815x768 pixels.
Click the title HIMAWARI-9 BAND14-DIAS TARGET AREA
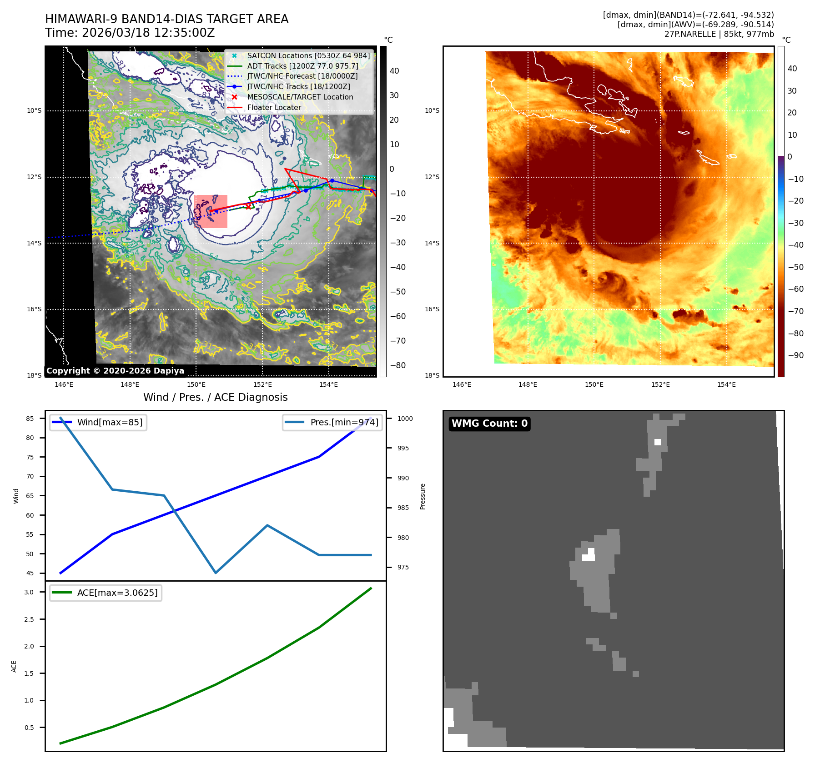pos(166,19)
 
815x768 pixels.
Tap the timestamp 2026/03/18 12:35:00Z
pos(148,33)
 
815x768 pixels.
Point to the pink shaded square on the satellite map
pos(211,211)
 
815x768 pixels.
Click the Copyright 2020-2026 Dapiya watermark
pos(115,371)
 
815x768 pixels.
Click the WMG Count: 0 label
pos(489,424)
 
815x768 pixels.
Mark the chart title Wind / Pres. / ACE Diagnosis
pos(215,397)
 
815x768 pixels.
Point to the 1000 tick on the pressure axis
pos(405,419)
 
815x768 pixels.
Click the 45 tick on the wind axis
pos(30,573)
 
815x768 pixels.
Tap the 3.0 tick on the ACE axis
pos(29,592)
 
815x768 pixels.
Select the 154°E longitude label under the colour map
pos(726,384)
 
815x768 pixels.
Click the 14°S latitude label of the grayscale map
pos(34,243)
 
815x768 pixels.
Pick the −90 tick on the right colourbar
pos(795,355)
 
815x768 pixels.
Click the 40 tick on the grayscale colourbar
pos(394,71)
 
